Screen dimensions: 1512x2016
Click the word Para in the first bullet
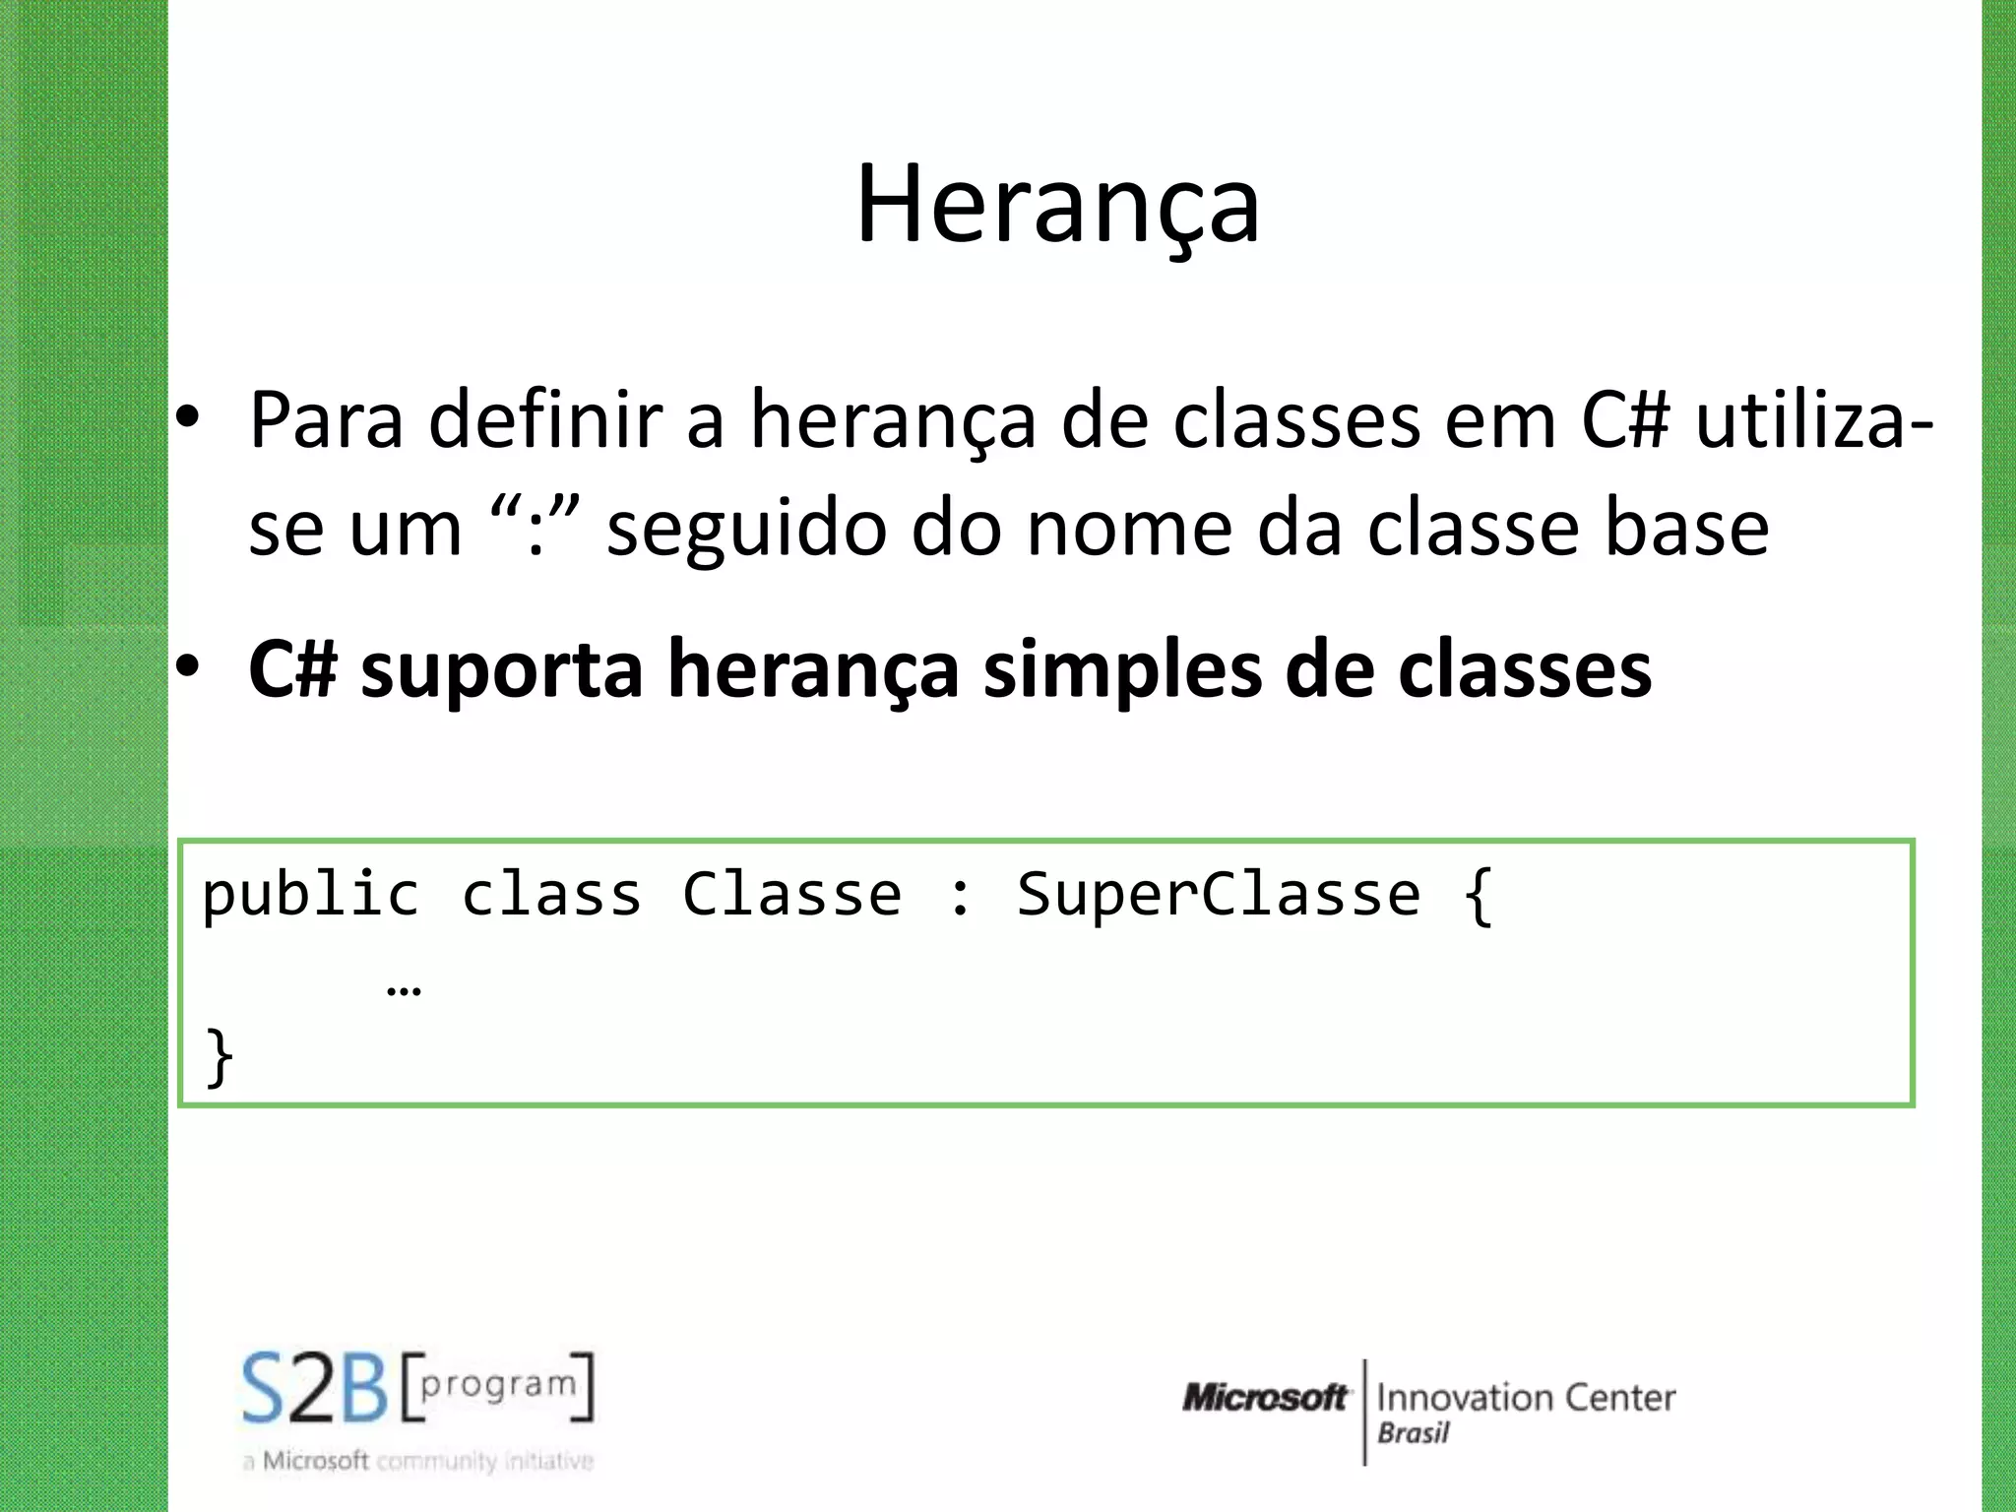[x=326, y=421]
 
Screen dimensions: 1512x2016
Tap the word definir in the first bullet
[x=546, y=421]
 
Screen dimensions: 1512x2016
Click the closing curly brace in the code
[x=219, y=1057]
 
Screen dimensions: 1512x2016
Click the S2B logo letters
[x=315, y=1389]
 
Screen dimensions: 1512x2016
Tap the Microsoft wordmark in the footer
[x=1264, y=1397]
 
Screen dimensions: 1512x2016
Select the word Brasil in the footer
[x=1413, y=1433]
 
